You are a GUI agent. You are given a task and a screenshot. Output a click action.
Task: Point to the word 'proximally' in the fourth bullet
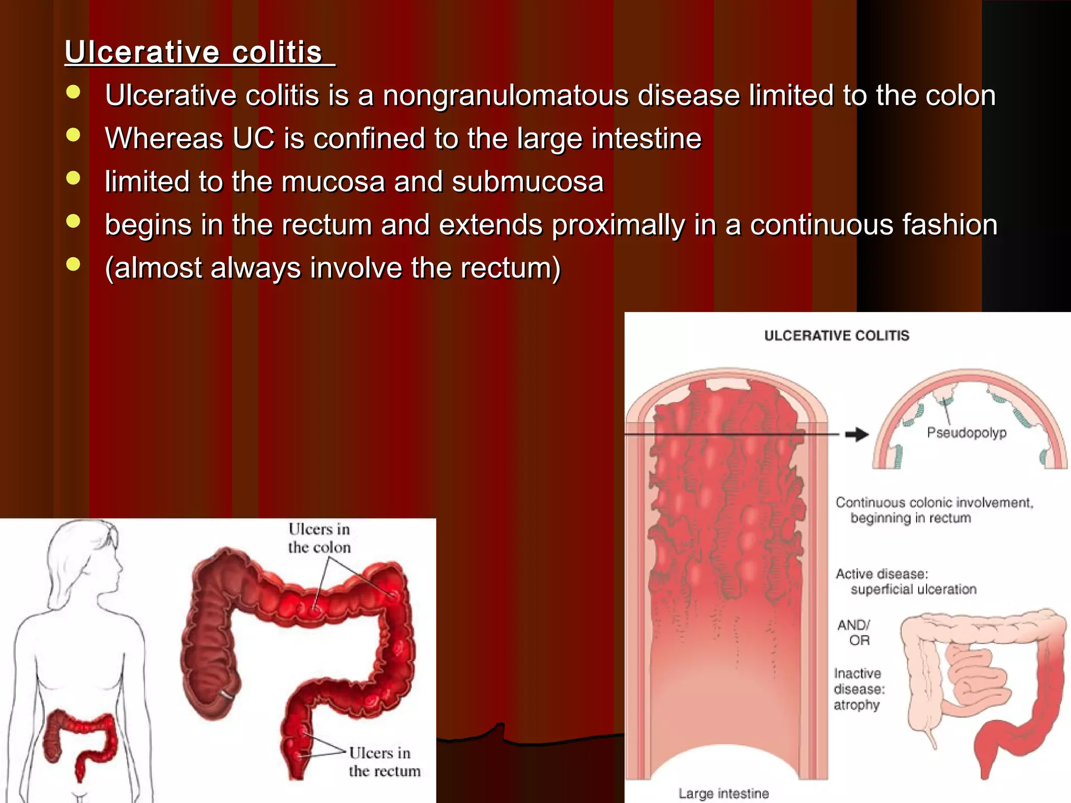[x=618, y=225]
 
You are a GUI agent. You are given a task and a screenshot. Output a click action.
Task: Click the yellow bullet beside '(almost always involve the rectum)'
[x=74, y=265]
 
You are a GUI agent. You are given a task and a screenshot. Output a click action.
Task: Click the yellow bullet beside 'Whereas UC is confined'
[x=74, y=135]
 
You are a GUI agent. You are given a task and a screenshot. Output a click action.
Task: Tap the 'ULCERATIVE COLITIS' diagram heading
[x=836, y=336]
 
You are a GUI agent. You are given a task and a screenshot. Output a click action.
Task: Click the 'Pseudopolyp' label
[x=966, y=433]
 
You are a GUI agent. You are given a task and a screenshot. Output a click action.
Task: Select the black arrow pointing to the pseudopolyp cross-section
[x=857, y=434]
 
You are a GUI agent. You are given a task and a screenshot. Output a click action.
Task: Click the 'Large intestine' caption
[x=723, y=794]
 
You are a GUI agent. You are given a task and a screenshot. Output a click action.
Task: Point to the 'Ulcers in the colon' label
[x=319, y=538]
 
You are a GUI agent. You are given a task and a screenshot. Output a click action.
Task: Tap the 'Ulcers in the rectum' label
[x=384, y=762]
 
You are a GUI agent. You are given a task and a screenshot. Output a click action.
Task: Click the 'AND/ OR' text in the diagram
[x=854, y=633]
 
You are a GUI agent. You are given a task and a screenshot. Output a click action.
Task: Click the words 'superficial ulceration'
[x=913, y=590]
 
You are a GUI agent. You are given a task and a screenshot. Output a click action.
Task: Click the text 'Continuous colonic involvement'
[x=934, y=503]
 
